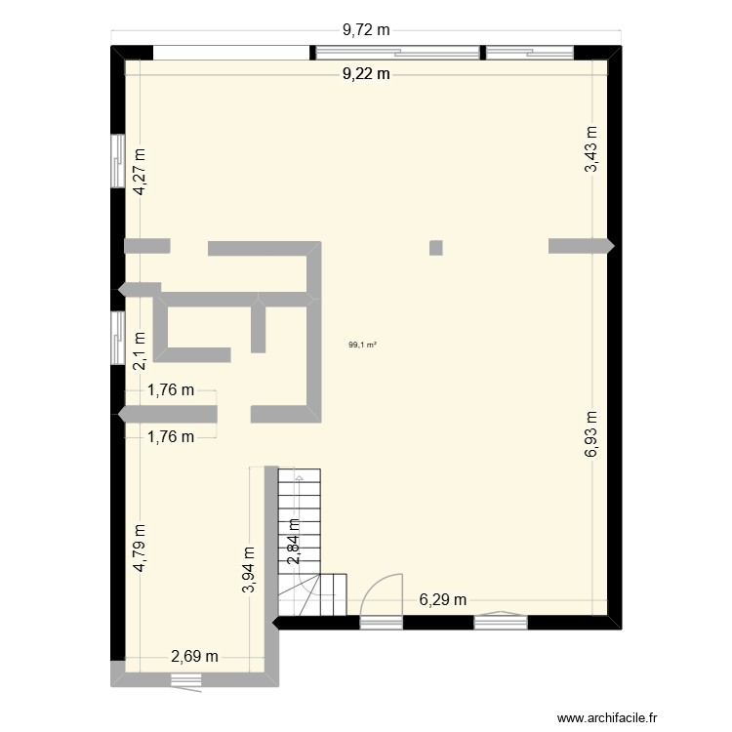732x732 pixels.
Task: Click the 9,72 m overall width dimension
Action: pyautogui.click(x=366, y=30)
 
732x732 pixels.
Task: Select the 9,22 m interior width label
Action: pyautogui.click(x=366, y=73)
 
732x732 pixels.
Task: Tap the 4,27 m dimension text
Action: pyautogui.click(x=141, y=172)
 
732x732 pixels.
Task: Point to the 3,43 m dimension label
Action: pyautogui.click(x=590, y=150)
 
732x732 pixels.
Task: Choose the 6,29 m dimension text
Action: pyautogui.click(x=442, y=599)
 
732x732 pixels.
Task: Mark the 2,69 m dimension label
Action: pyautogui.click(x=195, y=655)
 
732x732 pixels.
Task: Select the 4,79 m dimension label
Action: pyautogui.click(x=141, y=549)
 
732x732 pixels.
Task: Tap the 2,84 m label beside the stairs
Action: pyautogui.click(x=293, y=542)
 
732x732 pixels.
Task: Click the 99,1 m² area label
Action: pyautogui.click(x=363, y=344)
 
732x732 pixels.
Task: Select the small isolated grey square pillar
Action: pyautogui.click(x=436, y=247)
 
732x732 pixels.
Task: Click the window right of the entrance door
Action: pyautogui.click(x=501, y=617)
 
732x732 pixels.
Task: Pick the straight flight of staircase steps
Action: pyautogui.click(x=300, y=527)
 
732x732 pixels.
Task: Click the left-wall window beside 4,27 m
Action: pyautogui.click(x=117, y=157)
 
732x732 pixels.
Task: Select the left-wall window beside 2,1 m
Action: pyautogui.click(x=117, y=336)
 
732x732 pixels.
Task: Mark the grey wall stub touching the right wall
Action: pyautogui.click(x=580, y=246)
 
